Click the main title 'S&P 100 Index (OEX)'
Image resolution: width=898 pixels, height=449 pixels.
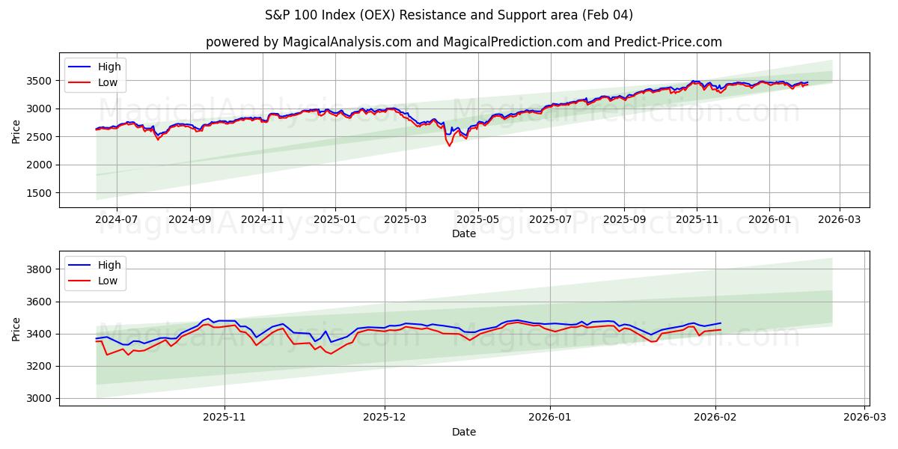point(448,15)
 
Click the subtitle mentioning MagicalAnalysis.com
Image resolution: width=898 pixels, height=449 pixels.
point(464,42)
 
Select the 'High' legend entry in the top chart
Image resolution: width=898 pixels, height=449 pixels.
point(109,67)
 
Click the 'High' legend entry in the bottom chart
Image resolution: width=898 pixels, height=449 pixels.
point(109,266)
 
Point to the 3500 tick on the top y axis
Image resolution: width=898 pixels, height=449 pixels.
point(40,81)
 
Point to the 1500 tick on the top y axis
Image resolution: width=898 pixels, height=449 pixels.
point(40,193)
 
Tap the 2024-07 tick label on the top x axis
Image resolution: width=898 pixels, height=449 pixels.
point(117,220)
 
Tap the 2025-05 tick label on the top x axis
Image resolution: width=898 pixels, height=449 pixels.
point(478,220)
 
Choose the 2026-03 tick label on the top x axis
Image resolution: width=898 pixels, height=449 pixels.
point(839,220)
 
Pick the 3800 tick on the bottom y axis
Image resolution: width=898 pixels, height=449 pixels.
point(40,269)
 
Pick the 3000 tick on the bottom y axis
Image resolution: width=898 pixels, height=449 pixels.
point(40,398)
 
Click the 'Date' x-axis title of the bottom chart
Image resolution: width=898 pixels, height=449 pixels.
point(464,432)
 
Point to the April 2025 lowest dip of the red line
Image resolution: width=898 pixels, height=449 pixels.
point(450,145)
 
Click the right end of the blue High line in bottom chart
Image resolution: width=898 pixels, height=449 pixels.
point(721,323)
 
